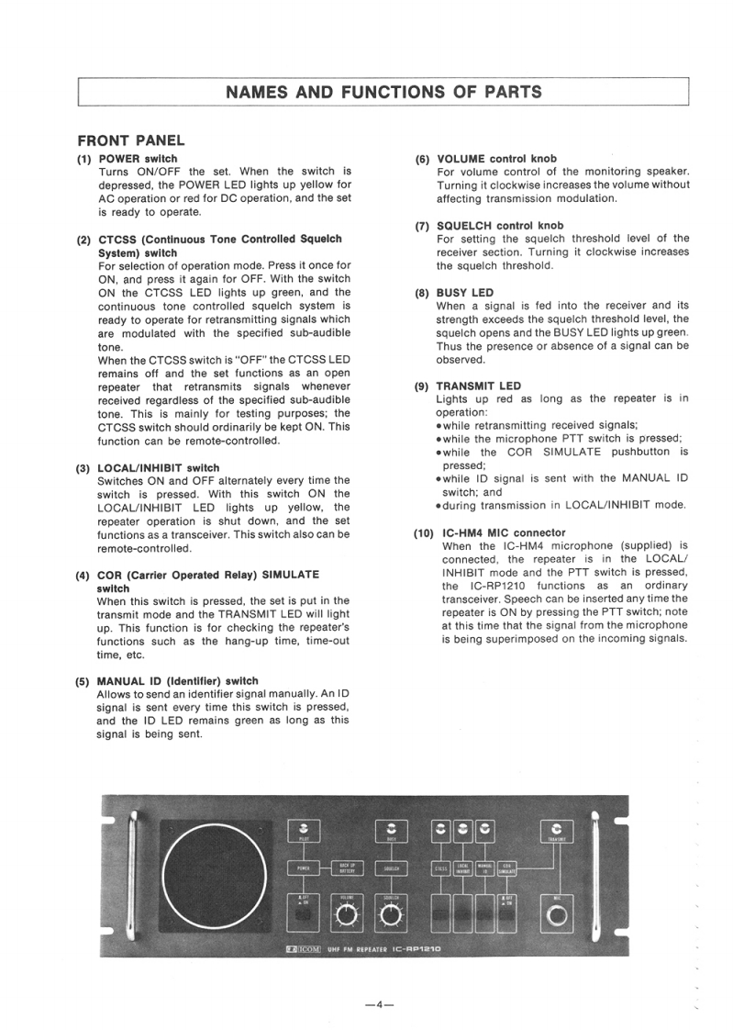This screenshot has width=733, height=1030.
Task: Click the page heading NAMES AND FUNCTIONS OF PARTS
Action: pyautogui.click(x=383, y=92)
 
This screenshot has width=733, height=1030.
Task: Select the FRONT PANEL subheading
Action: pyautogui.click(x=131, y=140)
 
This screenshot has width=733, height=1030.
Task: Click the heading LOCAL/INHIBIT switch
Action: pyautogui.click(x=159, y=468)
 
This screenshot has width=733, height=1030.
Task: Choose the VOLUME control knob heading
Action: pyautogui.click(x=496, y=159)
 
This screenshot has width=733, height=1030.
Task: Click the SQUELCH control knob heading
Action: pyautogui.click(x=500, y=225)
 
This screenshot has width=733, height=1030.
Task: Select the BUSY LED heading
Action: pyautogui.click(x=464, y=293)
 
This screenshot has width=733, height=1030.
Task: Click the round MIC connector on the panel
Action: pyautogui.click(x=557, y=915)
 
